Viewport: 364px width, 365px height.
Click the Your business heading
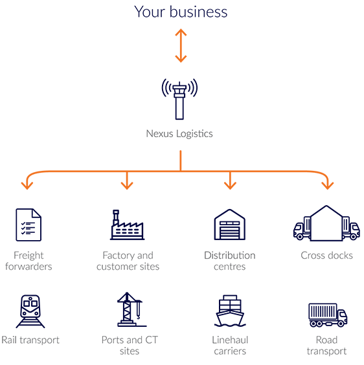pyautogui.click(x=181, y=12)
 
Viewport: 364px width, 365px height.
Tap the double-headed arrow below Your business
pyautogui.click(x=181, y=45)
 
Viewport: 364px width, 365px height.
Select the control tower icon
pyautogui.click(x=179, y=99)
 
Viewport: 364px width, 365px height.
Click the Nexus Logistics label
pyautogui.click(x=179, y=134)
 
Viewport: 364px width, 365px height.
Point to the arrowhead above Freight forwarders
pyautogui.click(x=27, y=186)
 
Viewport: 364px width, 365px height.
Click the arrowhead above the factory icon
pyautogui.click(x=127, y=186)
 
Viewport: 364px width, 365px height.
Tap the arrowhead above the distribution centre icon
pyautogui.click(x=230, y=186)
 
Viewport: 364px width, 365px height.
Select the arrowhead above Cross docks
pyautogui.click(x=328, y=186)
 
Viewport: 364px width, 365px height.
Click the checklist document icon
pyautogui.click(x=28, y=225)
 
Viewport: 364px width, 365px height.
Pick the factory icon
pyautogui.click(x=127, y=225)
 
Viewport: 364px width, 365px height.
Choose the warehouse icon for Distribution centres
pyautogui.click(x=229, y=225)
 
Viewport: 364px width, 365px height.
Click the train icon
pyautogui.click(x=30, y=311)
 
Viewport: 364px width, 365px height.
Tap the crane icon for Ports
pyautogui.click(x=131, y=309)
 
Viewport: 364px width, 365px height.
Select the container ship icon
pyautogui.click(x=230, y=311)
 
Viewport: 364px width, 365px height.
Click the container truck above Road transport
pyautogui.click(x=328, y=315)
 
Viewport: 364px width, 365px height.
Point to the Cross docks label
pyautogui.click(x=326, y=256)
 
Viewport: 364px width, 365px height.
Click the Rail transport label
pyautogui.click(x=30, y=340)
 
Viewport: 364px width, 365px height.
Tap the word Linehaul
pyautogui.click(x=230, y=340)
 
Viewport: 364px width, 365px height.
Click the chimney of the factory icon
pyautogui.click(x=116, y=217)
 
